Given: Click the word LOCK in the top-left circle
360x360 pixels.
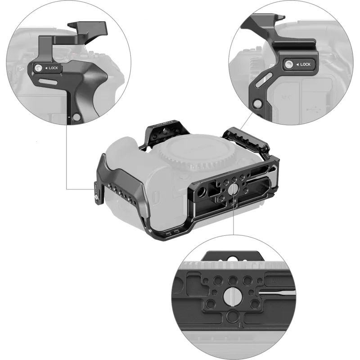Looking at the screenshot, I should [53, 68].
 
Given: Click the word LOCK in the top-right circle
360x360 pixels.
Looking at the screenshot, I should [305, 64].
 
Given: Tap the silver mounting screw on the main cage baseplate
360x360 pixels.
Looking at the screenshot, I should [230, 193].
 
